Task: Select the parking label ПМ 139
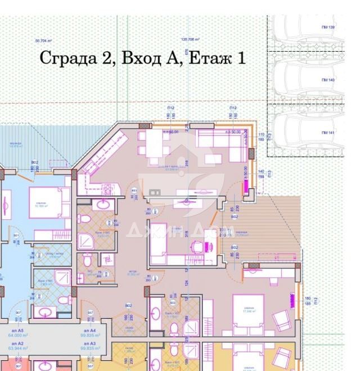(328, 28)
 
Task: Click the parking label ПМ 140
(328, 80)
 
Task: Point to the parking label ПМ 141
(328, 132)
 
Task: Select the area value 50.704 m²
(43, 40)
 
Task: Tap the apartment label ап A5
(20, 331)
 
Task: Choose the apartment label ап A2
(20, 343)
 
